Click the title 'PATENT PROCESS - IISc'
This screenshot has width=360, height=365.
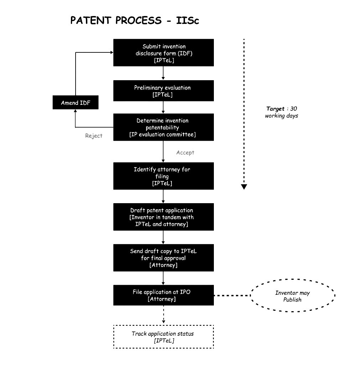click(x=134, y=20)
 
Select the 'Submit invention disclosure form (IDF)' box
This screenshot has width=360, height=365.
click(x=164, y=53)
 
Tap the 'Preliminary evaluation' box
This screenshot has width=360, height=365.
click(x=164, y=91)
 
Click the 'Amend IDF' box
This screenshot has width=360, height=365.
click(x=75, y=103)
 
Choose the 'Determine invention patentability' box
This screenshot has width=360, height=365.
click(x=164, y=127)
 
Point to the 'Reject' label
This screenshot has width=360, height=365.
click(x=94, y=136)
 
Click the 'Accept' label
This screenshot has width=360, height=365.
click(x=185, y=153)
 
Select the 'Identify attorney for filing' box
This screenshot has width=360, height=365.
click(x=164, y=176)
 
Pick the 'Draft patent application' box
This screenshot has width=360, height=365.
click(x=164, y=217)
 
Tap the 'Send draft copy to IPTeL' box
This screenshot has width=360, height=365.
click(x=164, y=258)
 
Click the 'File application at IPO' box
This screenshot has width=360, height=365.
click(x=164, y=295)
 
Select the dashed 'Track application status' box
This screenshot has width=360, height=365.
click(x=164, y=337)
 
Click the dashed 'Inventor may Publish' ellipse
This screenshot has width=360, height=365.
click(x=292, y=296)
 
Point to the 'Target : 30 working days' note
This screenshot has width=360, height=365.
click(x=281, y=112)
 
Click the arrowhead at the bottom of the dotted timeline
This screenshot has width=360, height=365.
click(x=244, y=186)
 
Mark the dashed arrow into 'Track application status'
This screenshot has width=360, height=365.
click(x=164, y=315)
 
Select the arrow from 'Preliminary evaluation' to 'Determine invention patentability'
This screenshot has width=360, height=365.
click(x=163, y=107)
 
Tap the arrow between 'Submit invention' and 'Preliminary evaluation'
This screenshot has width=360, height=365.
click(x=163, y=73)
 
